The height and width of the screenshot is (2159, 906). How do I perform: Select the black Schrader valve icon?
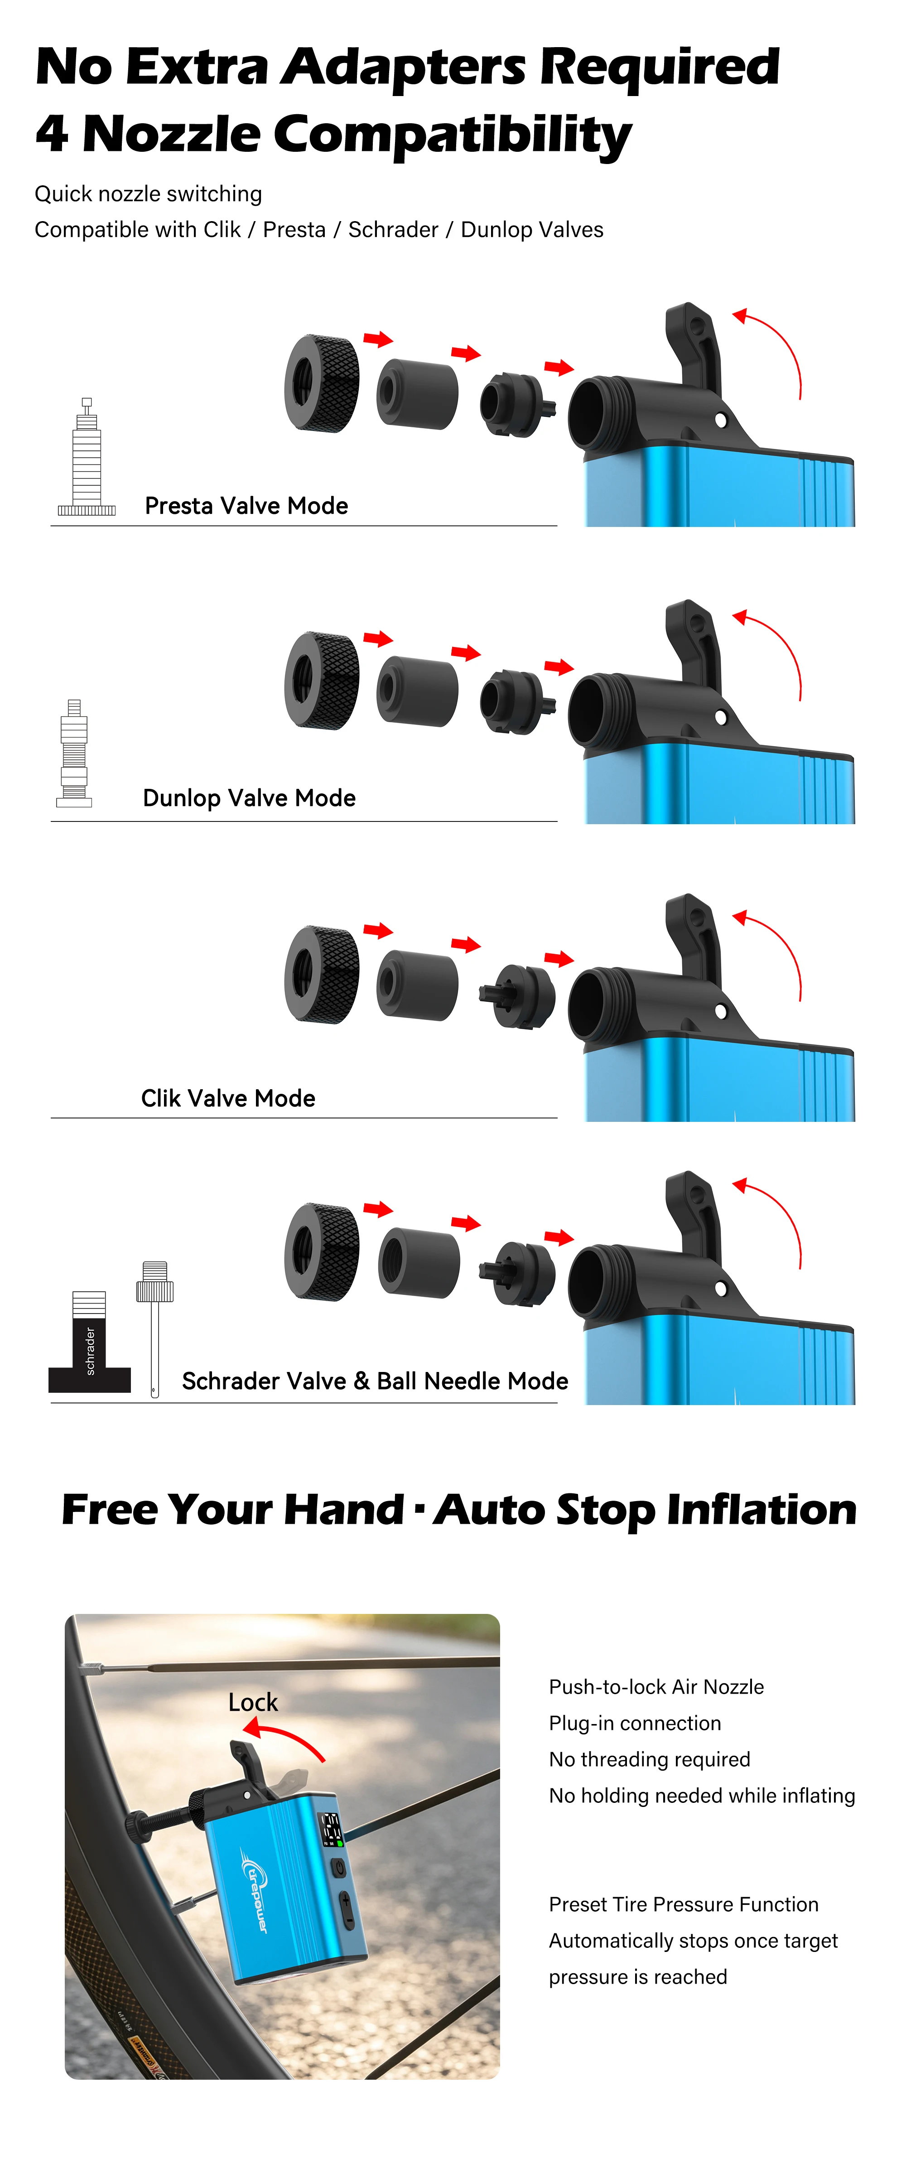pos(90,1342)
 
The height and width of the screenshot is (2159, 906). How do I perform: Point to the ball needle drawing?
pos(155,1328)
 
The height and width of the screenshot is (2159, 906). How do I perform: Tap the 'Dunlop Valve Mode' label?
pos(249,798)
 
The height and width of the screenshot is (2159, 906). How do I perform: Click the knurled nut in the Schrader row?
pos(322,1252)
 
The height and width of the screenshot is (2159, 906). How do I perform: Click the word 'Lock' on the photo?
pos(253,1702)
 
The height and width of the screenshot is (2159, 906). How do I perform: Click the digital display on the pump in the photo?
pos(332,1829)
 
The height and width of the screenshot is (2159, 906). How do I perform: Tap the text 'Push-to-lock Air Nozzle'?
pos(656,1687)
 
